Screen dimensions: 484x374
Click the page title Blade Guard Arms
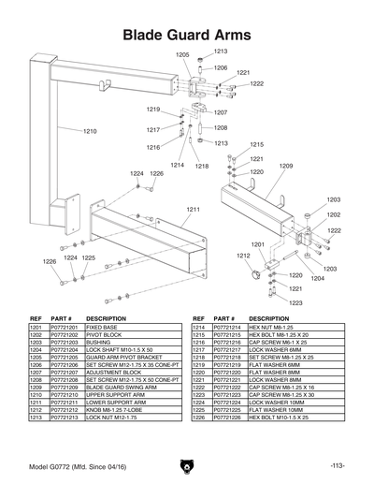click(x=187, y=36)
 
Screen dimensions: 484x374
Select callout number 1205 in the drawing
click(x=181, y=55)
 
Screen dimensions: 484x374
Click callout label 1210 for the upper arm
click(x=90, y=131)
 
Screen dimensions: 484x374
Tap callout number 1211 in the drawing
click(x=194, y=208)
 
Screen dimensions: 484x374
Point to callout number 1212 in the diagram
click(x=242, y=255)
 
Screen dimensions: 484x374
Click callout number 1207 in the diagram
click(x=221, y=112)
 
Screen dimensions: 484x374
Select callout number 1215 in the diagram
click(x=256, y=145)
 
